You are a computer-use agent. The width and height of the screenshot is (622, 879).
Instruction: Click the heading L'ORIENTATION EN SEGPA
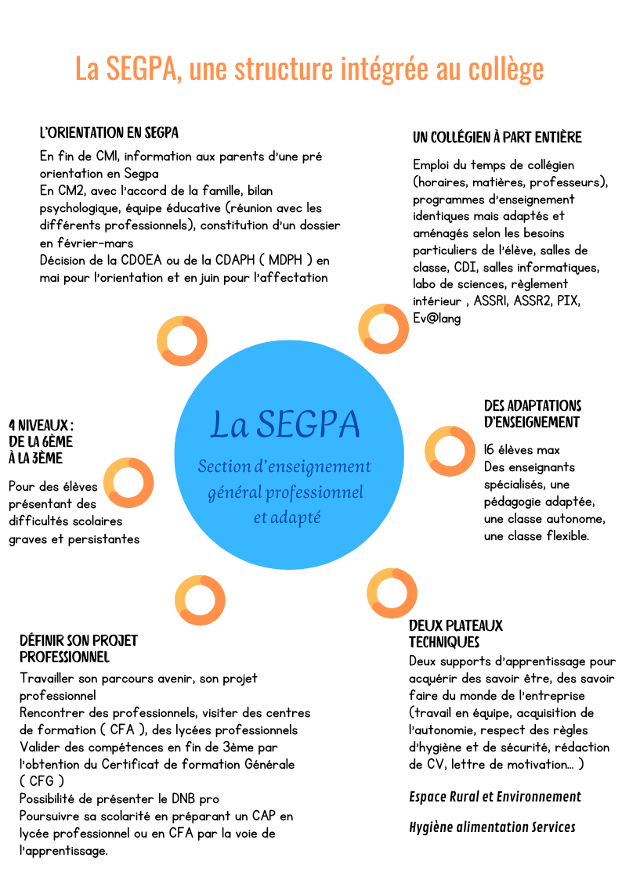point(109,133)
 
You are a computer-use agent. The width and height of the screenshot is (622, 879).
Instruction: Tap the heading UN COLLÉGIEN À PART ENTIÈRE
point(497,137)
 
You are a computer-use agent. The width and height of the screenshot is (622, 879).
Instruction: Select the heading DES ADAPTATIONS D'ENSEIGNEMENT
point(532,414)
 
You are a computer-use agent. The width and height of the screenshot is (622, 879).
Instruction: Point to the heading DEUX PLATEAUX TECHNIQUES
point(455,633)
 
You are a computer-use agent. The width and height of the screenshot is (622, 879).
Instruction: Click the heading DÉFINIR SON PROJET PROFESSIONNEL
point(78,649)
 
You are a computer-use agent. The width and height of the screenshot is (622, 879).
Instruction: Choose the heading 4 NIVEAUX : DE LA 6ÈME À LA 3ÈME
point(41,441)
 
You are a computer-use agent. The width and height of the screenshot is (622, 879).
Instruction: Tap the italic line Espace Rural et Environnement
point(494,797)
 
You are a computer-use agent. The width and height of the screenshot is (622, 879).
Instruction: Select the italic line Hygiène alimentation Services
point(492,827)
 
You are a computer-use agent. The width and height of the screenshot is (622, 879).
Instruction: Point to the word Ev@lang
point(437,319)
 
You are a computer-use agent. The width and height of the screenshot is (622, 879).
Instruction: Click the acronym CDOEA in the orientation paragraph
point(141,260)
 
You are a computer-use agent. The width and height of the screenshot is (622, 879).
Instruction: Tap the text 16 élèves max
point(522,449)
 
